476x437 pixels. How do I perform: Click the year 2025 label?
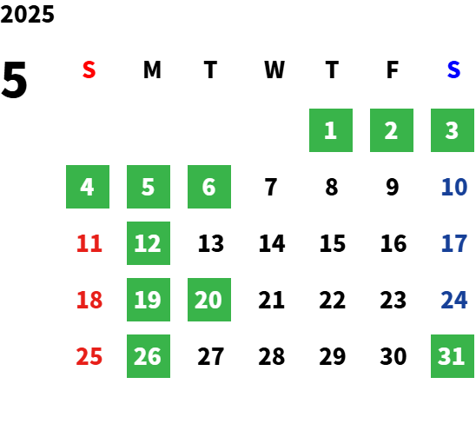pos(27,14)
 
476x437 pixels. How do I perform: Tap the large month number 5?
pos(14,80)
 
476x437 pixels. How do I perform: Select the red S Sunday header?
pos(89,70)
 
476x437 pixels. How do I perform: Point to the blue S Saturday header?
pos(453,70)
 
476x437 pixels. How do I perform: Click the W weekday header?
pos(274,70)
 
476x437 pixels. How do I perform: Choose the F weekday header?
pos(393,70)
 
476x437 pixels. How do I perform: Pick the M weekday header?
pos(152,70)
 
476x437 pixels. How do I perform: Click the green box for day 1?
pos(331,130)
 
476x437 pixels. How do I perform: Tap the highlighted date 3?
pos(453,130)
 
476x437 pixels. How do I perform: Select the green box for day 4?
pos(88,187)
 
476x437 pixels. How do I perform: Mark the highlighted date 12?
pos(149,243)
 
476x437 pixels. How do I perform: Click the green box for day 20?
pos(209,300)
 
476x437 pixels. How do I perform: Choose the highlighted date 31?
pos(453,356)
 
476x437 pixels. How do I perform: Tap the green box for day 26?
pos(149,356)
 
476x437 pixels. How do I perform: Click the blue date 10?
pos(454,187)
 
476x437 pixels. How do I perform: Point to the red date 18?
pos(89,300)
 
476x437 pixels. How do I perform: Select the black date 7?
pos(271,187)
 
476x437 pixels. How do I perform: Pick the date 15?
pos(333,243)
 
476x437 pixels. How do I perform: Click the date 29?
pos(333,356)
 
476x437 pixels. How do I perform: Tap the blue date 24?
pos(454,300)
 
